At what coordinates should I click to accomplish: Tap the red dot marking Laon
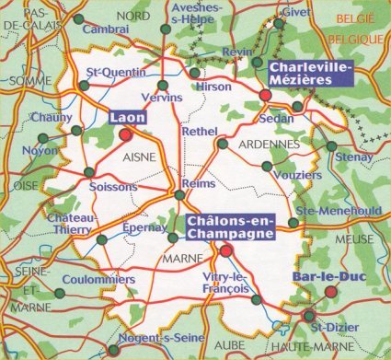tap(126, 135)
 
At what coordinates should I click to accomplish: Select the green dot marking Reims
tap(180, 194)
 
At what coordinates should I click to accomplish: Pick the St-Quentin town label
tap(110, 71)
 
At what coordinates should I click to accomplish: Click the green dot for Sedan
tap(297, 108)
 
